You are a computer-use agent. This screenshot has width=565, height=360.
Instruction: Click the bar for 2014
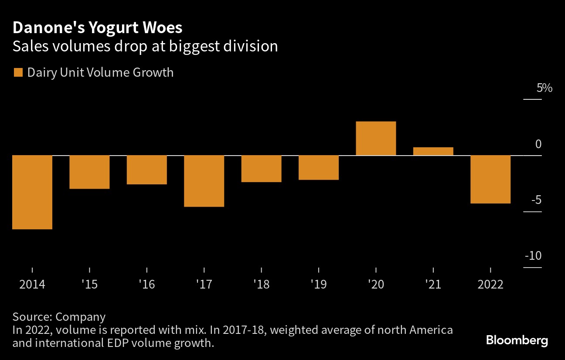coord(32,192)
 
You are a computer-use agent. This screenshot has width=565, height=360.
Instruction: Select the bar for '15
coord(89,172)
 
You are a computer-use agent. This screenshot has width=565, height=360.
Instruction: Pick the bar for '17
coord(204,181)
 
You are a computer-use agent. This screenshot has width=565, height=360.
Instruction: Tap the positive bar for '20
coord(376,138)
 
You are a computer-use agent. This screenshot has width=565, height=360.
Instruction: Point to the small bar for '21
coord(433,151)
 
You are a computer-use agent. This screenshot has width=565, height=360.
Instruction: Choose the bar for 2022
coord(490,179)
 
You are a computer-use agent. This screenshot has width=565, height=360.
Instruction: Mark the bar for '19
coord(319,167)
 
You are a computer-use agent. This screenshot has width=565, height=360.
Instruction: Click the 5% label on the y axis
coord(544,88)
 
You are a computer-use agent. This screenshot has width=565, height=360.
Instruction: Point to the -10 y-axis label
coord(533,256)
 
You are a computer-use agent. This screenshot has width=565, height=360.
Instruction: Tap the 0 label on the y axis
coord(538,144)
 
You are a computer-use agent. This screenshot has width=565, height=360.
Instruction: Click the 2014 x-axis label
coord(32,285)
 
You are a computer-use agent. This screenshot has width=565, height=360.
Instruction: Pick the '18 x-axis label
coord(261,285)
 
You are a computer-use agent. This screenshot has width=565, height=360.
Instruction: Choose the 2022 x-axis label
coord(490,285)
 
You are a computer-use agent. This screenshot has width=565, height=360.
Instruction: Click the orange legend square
coord(18,72)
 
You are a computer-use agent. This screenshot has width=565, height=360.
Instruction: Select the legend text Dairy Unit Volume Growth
coord(100,72)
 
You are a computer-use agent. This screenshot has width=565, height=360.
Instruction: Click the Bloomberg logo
coord(517,340)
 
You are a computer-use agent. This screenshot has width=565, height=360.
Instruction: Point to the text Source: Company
coord(59,317)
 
